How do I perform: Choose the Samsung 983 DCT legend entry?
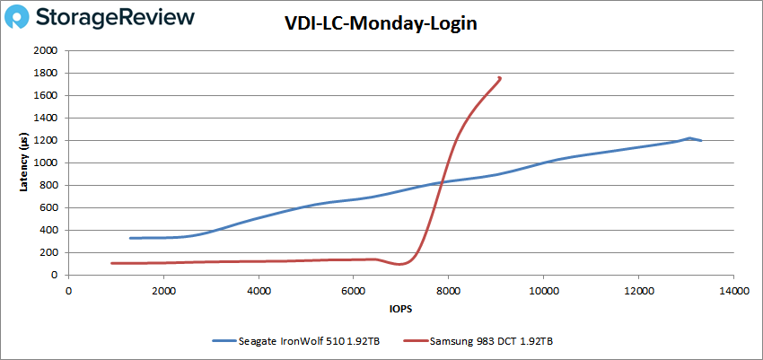pos(483,341)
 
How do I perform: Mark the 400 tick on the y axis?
pos(49,231)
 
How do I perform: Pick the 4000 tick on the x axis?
pos(259,290)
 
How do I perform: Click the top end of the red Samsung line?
pos(500,78)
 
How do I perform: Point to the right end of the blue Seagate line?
pos(701,140)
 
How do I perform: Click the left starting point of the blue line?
pos(130,238)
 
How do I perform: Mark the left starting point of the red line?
pos(111,263)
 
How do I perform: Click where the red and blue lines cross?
pos(441,182)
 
